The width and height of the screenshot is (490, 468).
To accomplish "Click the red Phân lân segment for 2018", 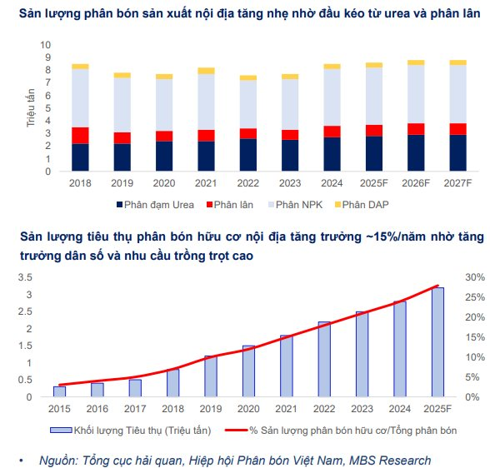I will tap(80, 136).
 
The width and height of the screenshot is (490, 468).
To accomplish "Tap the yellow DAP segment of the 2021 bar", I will tap(206, 71).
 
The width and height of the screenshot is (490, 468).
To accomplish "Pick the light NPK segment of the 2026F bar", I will tap(416, 94).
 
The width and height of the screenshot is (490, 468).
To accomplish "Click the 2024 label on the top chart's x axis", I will tap(331, 182).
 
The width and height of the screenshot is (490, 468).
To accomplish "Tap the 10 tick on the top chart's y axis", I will tap(45, 45).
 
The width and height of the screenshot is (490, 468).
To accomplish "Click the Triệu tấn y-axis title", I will tap(31, 108).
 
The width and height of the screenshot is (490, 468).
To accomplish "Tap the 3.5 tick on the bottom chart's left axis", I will tap(28, 254).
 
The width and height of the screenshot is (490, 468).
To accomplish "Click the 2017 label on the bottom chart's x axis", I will tap(135, 408).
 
